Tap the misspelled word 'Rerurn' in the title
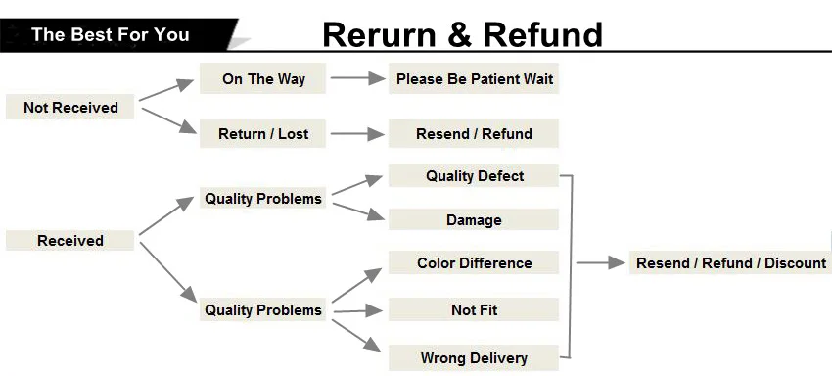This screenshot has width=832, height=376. pos(380,34)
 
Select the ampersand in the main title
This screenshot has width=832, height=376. pos(459,34)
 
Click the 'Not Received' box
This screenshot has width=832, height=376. pos(70,108)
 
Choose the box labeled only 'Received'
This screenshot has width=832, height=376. pos(70,240)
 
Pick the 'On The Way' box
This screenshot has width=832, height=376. pos(263,79)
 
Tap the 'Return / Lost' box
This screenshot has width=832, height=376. pos(263,134)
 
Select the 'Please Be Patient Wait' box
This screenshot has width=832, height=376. pos(474,79)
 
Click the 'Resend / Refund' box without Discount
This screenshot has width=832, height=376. pos(474,134)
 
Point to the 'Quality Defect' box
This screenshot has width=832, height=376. pos(474,176)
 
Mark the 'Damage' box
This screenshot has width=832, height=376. pos(474,220)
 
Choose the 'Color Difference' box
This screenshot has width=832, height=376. pos(474,263)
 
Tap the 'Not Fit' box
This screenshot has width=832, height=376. pos(474,310)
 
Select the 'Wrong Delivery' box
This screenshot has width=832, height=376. pos(474,357)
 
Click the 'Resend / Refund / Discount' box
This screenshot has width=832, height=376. pos(730,262)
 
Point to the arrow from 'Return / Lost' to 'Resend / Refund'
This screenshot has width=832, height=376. pos(357,134)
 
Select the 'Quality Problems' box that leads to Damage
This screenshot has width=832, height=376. pos(263,199)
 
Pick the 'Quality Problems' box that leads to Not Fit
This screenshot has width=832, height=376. pos(263,310)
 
